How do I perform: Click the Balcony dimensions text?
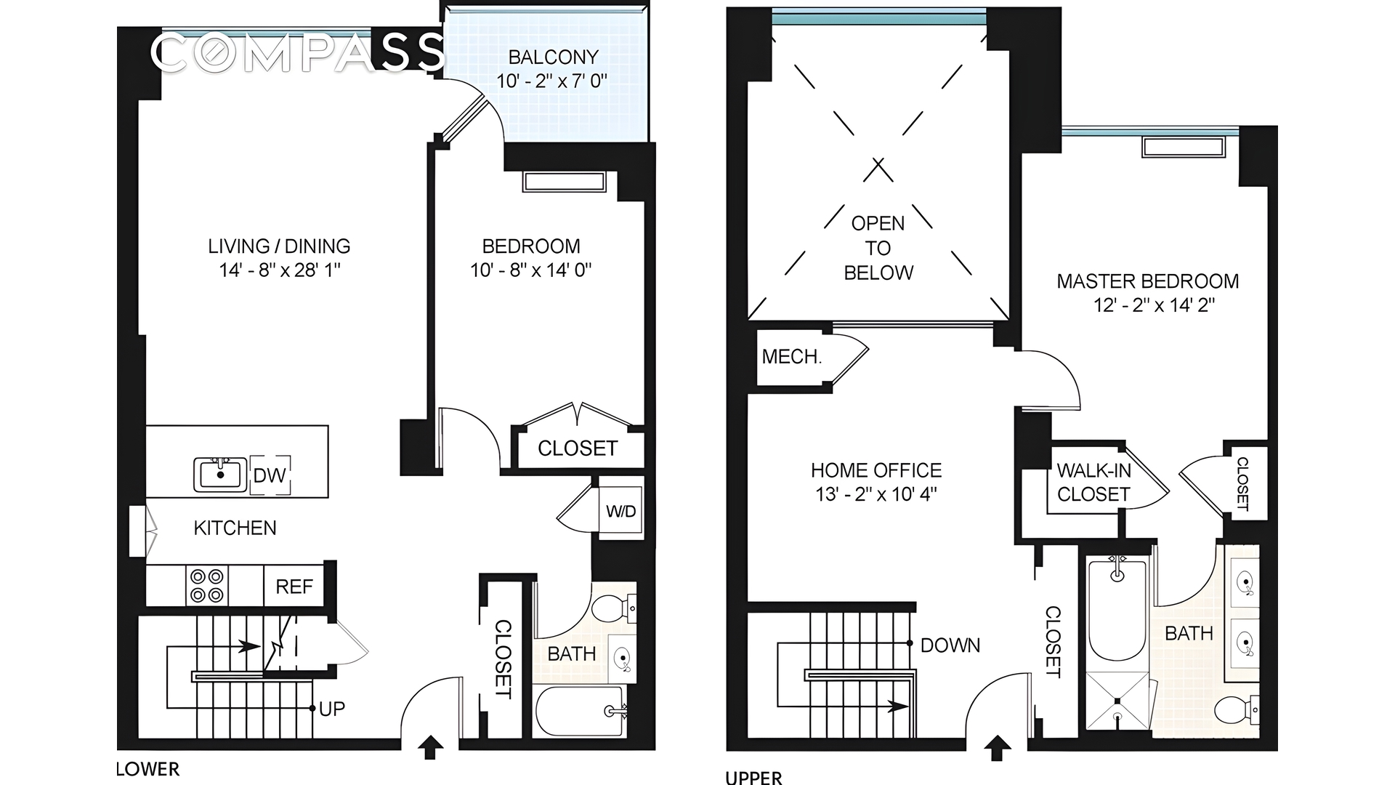[551, 81]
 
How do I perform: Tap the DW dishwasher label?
[270, 476]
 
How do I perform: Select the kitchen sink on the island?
[220, 475]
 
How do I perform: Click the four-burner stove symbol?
[206, 586]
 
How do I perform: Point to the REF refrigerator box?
[294, 587]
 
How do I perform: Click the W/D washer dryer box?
[620, 512]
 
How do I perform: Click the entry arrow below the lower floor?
[431, 746]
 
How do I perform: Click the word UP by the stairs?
[332, 709]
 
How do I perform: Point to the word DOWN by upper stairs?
[950, 645]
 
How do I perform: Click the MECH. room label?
[791, 357]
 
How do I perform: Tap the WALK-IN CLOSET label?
[1093, 483]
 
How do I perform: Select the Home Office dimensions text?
[876, 495]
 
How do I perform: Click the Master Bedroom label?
[1148, 281]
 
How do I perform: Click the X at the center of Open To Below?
[878, 169]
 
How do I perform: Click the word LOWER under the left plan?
[148, 769]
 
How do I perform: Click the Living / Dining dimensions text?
[280, 270]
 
